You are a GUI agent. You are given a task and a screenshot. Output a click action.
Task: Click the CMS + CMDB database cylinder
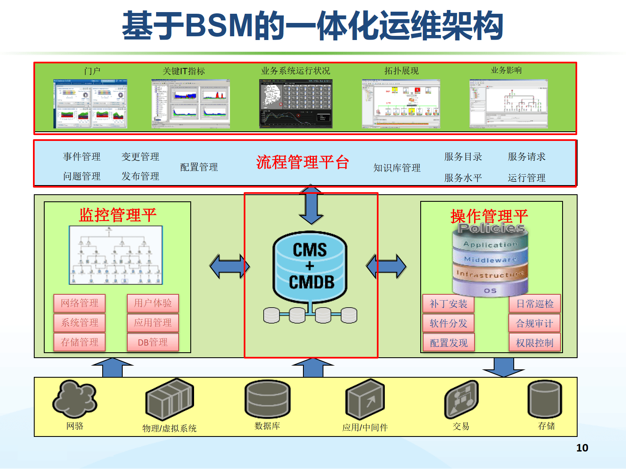(310, 267)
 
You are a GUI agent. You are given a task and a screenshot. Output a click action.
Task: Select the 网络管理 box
(79, 303)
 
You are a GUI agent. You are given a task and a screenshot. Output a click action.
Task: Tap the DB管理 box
(153, 342)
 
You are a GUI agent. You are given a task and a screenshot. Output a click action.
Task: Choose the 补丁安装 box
(449, 304)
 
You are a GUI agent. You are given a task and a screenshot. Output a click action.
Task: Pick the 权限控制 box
(535, 343)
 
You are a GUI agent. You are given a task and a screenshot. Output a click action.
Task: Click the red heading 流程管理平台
(303, 162)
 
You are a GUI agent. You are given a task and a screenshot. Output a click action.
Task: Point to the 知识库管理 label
(397, 168)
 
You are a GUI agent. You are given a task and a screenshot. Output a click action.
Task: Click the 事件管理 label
(82, 157)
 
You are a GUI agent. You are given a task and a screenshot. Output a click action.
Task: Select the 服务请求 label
(527, 157)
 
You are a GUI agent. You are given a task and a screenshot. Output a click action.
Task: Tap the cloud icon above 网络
(75, 399)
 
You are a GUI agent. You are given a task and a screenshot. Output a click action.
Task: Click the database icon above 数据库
(268, 399)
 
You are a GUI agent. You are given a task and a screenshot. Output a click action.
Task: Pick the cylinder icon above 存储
(545, 399)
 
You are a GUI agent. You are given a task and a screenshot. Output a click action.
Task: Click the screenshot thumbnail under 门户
(90, 104)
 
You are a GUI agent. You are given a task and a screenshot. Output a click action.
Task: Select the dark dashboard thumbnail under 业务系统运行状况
(296, 104)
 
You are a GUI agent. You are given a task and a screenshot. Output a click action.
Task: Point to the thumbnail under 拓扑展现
(401, 104)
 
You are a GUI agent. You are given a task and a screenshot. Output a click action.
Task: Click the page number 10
(582, 448)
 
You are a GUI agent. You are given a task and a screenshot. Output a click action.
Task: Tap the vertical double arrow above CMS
(311, 204)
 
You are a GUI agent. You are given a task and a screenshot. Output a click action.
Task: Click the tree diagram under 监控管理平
(116, 255)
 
